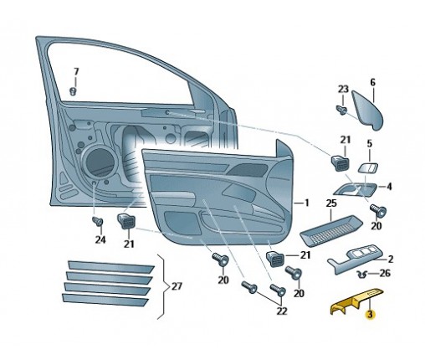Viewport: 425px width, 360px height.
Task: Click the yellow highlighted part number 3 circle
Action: coord(370,314)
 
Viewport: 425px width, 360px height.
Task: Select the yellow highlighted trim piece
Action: coord(356,301)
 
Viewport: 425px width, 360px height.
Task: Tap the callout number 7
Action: coord(76,72)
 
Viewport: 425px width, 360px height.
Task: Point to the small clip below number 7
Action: coord(73,91)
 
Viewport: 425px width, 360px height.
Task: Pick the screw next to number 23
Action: coord(342,110)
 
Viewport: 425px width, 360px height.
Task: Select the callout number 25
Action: coord(331,203)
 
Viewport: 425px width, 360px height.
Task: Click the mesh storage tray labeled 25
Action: coord(330,230)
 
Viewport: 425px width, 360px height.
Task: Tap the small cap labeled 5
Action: coord(367,168)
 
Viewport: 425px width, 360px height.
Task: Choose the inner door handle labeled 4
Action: coord(355,189)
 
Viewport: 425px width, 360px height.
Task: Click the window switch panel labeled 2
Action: coord(356,259)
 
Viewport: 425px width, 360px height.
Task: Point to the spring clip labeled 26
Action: coord(362,275)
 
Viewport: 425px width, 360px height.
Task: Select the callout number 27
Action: coord(177,286)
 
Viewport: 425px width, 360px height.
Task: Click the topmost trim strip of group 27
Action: coord(110,267)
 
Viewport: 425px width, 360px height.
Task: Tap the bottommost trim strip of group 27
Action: coord(105,300)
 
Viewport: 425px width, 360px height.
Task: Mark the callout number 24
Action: coord(100,239)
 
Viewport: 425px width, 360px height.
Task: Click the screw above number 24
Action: coord(98,222)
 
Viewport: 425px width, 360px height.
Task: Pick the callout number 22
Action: coord(281,311)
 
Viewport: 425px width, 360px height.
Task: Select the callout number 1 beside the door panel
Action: coord(306,203)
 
